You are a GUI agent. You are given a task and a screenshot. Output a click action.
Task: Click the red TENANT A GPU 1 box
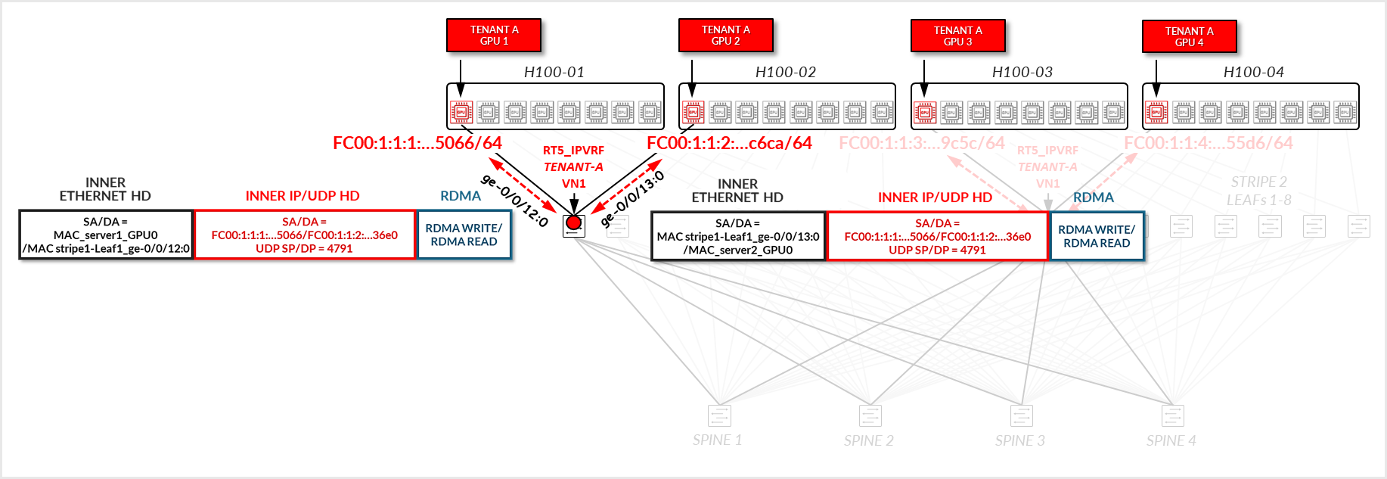click(x=494, y=36)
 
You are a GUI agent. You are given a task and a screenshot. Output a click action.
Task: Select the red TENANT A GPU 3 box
click(x=957, y=36)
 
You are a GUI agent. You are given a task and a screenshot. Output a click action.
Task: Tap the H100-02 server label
click(x=785, y=73)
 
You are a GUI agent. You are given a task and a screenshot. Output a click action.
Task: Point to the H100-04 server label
click(x=1253, y=73)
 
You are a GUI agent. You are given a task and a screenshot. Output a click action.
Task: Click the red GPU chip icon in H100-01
click(x=461, y=112)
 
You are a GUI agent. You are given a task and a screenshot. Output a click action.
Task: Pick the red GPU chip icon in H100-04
click(x=1156, y=112)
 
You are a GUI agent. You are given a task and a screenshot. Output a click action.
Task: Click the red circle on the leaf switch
click(x=574, y=222)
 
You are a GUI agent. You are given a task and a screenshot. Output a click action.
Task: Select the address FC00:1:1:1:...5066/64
click(x=417, y=143)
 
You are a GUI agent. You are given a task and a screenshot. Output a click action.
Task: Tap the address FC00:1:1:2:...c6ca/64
click(x=729, y=143)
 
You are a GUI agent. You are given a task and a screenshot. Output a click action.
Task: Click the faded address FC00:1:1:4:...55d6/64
click(x=1209, y=143)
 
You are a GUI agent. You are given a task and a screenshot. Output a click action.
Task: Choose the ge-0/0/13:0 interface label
click(x=632, y=199)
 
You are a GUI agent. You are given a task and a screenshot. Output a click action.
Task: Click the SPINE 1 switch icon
click(x=719, y=415)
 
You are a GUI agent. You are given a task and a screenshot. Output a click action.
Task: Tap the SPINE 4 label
click(x=1171, y=440)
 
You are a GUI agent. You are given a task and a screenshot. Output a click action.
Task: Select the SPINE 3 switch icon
click(x=1022, y=415)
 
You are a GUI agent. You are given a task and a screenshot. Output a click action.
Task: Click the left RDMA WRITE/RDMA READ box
click(x=464, y=235)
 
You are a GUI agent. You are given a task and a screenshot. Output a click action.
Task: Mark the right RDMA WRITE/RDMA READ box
click(x=1097, y=236)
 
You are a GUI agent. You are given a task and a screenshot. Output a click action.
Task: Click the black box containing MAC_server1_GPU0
click(x=106, y=235)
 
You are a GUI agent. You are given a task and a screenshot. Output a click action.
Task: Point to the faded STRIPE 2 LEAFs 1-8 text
click(x=1258, y=191)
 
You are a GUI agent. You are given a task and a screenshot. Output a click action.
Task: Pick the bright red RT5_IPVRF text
click(x=573, y=151)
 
